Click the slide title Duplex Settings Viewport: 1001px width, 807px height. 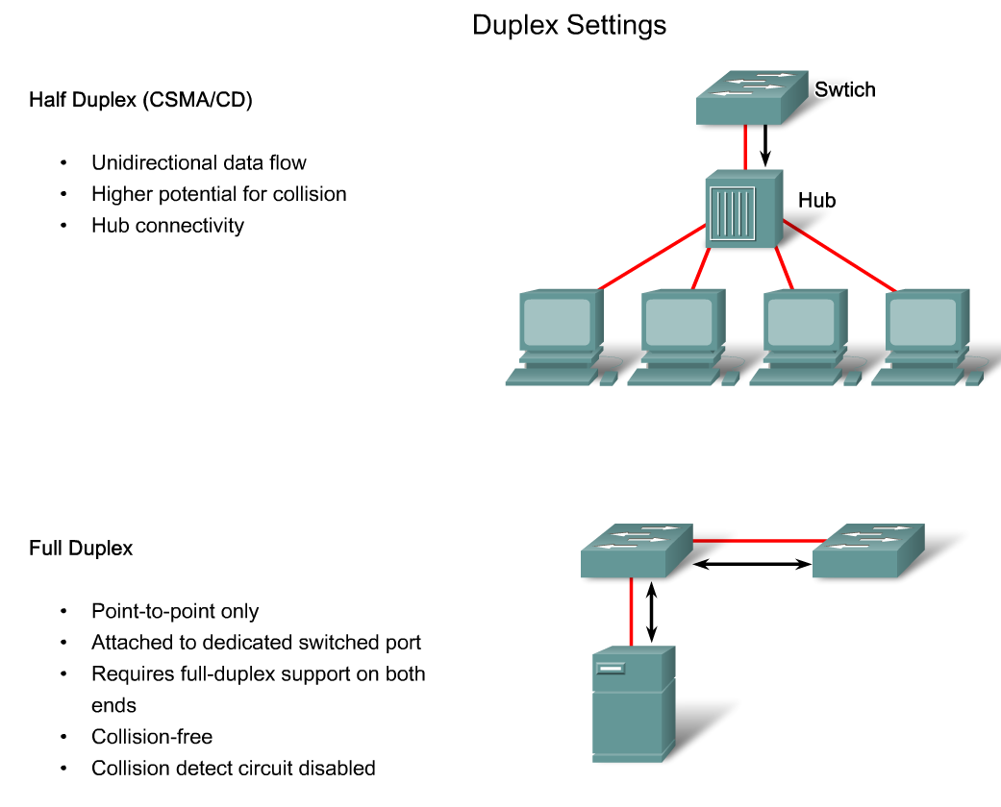(x=568, y=26)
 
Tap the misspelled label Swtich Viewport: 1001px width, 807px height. (x=844, y=90)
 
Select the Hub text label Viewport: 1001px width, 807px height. (x=816, y=201)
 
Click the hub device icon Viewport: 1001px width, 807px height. (x=741, y=210)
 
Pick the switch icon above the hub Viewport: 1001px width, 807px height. (x=754, y=96)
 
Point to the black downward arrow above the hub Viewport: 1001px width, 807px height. (x=765, y=145)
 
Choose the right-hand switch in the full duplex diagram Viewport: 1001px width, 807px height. (x=867, y=551)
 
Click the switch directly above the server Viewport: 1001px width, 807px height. (x=636, y=551)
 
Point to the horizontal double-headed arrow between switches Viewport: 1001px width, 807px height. (x=753, y=565)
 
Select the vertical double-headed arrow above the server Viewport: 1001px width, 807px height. (x=653, y=611)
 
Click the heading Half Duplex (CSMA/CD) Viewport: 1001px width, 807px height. (x=140, y=100)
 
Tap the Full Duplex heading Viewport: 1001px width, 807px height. (x=81, y=549)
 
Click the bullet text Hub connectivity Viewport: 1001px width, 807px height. (x=168, y=226)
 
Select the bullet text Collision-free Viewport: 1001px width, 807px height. (x=152, y=737)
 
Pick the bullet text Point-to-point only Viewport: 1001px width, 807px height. (x=175, y=611)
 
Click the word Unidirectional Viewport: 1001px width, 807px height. (x=148, y=162)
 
